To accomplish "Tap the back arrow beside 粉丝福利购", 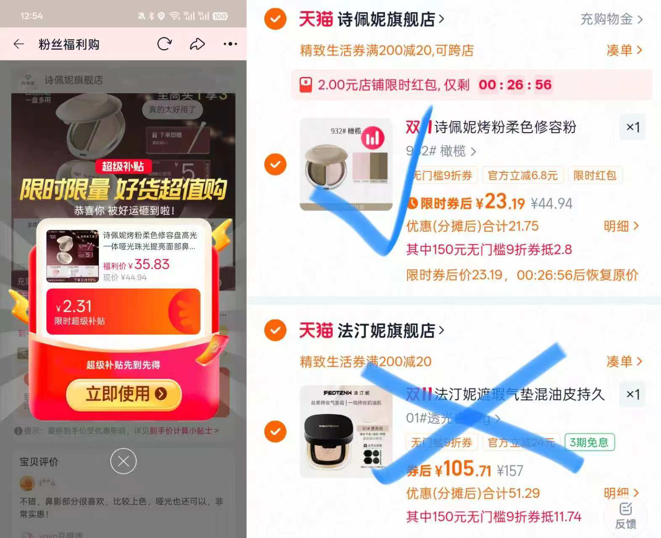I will tap(19, 44).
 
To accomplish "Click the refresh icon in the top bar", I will tap(164, 44).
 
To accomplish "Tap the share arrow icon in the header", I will tap(197, 44).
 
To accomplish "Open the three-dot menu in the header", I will tap(230, 44).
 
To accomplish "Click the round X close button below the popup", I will tap(123, 461).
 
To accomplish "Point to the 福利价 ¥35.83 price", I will tap(137, 264).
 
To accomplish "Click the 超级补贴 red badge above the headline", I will tap(122, 166).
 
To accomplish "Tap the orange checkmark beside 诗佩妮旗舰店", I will tap(275, 19).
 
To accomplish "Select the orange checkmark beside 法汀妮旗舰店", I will tap(275, 330).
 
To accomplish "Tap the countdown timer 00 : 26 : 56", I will tap(515, 84).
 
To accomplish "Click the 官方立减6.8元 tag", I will tap(522, 175).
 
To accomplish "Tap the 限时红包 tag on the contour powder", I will tap(595, 175).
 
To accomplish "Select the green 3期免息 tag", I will tap(589, 442).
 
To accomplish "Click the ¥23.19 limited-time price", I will tap(500, 203).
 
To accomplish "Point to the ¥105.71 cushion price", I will tap(462, 469).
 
